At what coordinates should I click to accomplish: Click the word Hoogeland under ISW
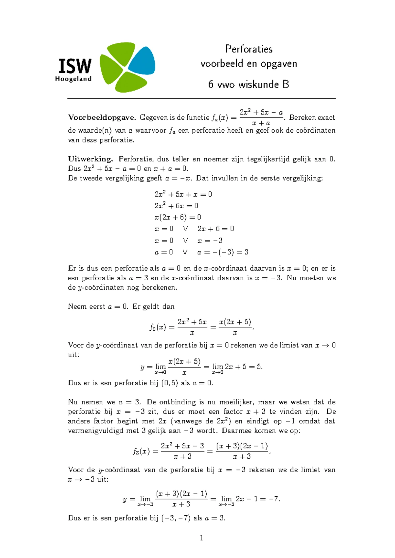73,79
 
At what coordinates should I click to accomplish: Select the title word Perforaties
249,49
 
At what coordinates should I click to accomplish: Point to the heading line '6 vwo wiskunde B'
249,85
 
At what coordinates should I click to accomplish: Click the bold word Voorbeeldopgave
102,117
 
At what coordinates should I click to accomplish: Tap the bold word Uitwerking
91,159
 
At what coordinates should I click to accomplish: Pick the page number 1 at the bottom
201,538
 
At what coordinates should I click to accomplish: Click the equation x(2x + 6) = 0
178,217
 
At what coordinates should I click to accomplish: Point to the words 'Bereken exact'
312,117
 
